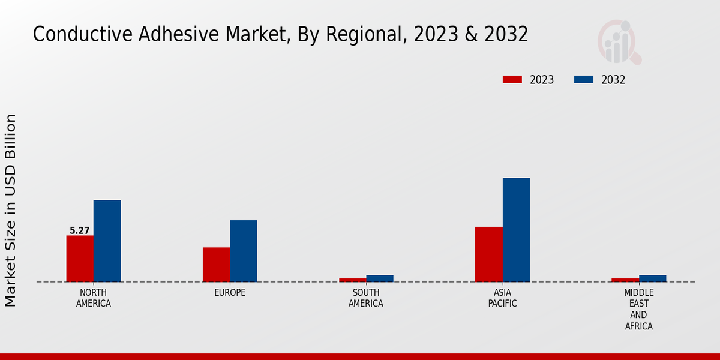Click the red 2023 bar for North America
(80, 259)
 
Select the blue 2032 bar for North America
(107, 241)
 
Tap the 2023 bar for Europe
(216, 265)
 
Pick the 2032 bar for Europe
(243, 251)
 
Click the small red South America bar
(352, 280)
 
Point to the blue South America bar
(380, 278)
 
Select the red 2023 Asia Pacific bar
(488, 254)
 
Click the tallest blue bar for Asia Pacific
(516, 230)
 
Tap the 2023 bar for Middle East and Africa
(625, 280)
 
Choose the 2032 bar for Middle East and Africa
(652, 278)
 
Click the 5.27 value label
(80, 230)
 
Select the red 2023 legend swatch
(512, 80)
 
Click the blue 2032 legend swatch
(584, 80)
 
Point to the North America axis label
(94, 298)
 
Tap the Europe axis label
(230, 293)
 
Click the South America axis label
(366, 298)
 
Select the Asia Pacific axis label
(502, 298)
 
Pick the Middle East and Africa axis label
(638, 310)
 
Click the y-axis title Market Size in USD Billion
(11, 210)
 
